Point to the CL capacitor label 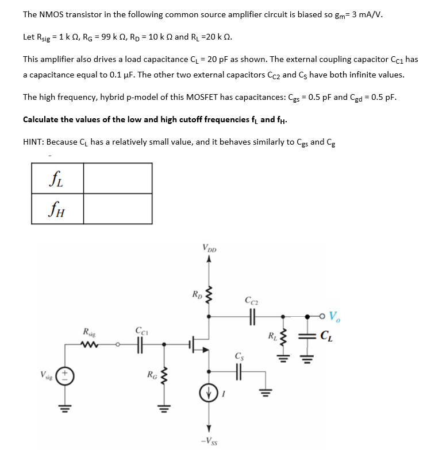click(x=326, y=336)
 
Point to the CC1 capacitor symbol click(x=140, y=345)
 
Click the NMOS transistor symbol click(x=198, y=345)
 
